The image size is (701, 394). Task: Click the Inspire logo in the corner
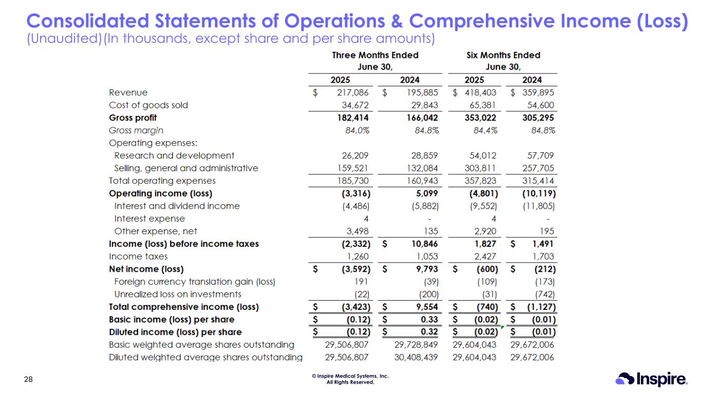click(x=651, y=379)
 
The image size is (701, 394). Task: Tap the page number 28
click(x=29, y=380)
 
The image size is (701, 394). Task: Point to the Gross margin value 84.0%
click(x=357, y=130)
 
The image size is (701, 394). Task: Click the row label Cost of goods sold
click(x=148, y=105)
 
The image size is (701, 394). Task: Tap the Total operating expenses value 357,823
click(x=480, y=181)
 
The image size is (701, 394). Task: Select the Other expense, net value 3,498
click(x=357, y=231)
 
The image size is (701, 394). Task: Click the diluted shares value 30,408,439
click(x=416, y=357)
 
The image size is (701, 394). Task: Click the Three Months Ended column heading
click(x=375, y=55)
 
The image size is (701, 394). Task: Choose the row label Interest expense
click(x=149, y=219)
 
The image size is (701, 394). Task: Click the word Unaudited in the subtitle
click(x=64, y=38)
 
